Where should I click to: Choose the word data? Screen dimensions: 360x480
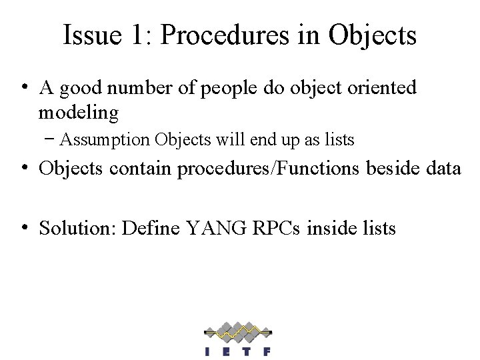coord(443,169)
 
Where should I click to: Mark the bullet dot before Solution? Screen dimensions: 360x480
coord(23,227)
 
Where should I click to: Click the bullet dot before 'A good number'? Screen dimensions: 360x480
coord(23,87)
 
